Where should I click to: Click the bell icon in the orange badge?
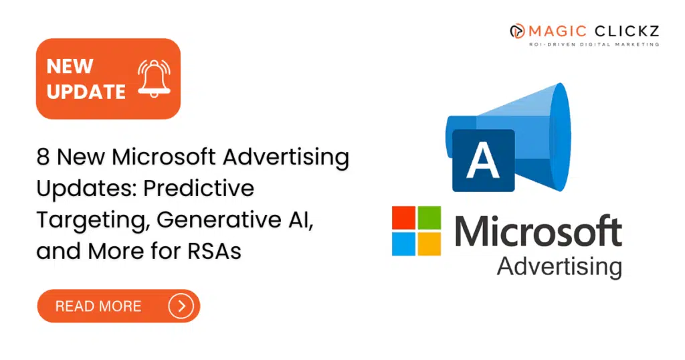click(155, 79)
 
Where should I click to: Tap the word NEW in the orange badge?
click(70, 66)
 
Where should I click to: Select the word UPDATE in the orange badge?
click(86, 92)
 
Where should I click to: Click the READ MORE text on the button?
click(98, 306)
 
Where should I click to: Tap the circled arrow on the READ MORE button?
click(181, 306)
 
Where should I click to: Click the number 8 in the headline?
click(43, 157)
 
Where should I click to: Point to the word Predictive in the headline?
click(199, 188)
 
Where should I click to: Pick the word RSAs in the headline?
click(215, 251)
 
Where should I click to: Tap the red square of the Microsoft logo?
click(403, 217)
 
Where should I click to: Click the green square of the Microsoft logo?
click(429, 217)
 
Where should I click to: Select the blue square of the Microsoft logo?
click(403, 244)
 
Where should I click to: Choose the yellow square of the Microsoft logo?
click(429, 244)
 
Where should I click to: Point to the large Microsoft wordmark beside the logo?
click(539, 231)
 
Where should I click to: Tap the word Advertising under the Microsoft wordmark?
click(560, 266)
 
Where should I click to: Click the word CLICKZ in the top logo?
click(626, 31)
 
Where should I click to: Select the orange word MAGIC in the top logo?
click(557, 31)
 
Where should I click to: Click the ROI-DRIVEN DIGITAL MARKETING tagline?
click(594, 44)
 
